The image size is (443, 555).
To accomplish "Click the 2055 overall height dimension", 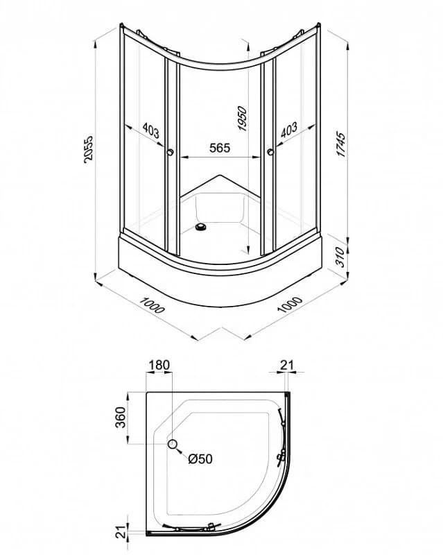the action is pos(89,149).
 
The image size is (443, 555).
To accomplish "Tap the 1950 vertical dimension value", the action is pos(243,119).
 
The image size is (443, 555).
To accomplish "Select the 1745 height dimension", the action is pos(340,144).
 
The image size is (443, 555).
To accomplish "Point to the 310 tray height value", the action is pos(339,257).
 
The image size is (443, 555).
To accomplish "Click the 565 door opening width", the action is pos(220,148).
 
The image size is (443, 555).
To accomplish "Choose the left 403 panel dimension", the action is pos(151,130).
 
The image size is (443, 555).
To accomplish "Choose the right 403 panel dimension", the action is pos(289,130).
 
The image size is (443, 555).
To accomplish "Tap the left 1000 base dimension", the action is pos(152,305).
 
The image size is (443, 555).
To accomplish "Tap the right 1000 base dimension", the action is pos(290,305).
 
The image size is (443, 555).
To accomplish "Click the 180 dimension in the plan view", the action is pos(159,365).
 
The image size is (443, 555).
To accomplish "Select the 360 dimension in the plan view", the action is pos(121,418).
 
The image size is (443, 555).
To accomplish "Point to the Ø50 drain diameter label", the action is pos(200,459).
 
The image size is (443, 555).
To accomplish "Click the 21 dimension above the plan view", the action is pos(287,365).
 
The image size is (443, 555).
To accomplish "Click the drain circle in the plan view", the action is pos(173,443).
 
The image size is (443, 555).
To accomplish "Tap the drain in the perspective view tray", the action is pos(201,228).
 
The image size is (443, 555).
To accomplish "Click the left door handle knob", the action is pos(170,152).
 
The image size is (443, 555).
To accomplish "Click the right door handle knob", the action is pos(270,152).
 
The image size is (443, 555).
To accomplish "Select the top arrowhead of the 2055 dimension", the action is pos(96,44).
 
